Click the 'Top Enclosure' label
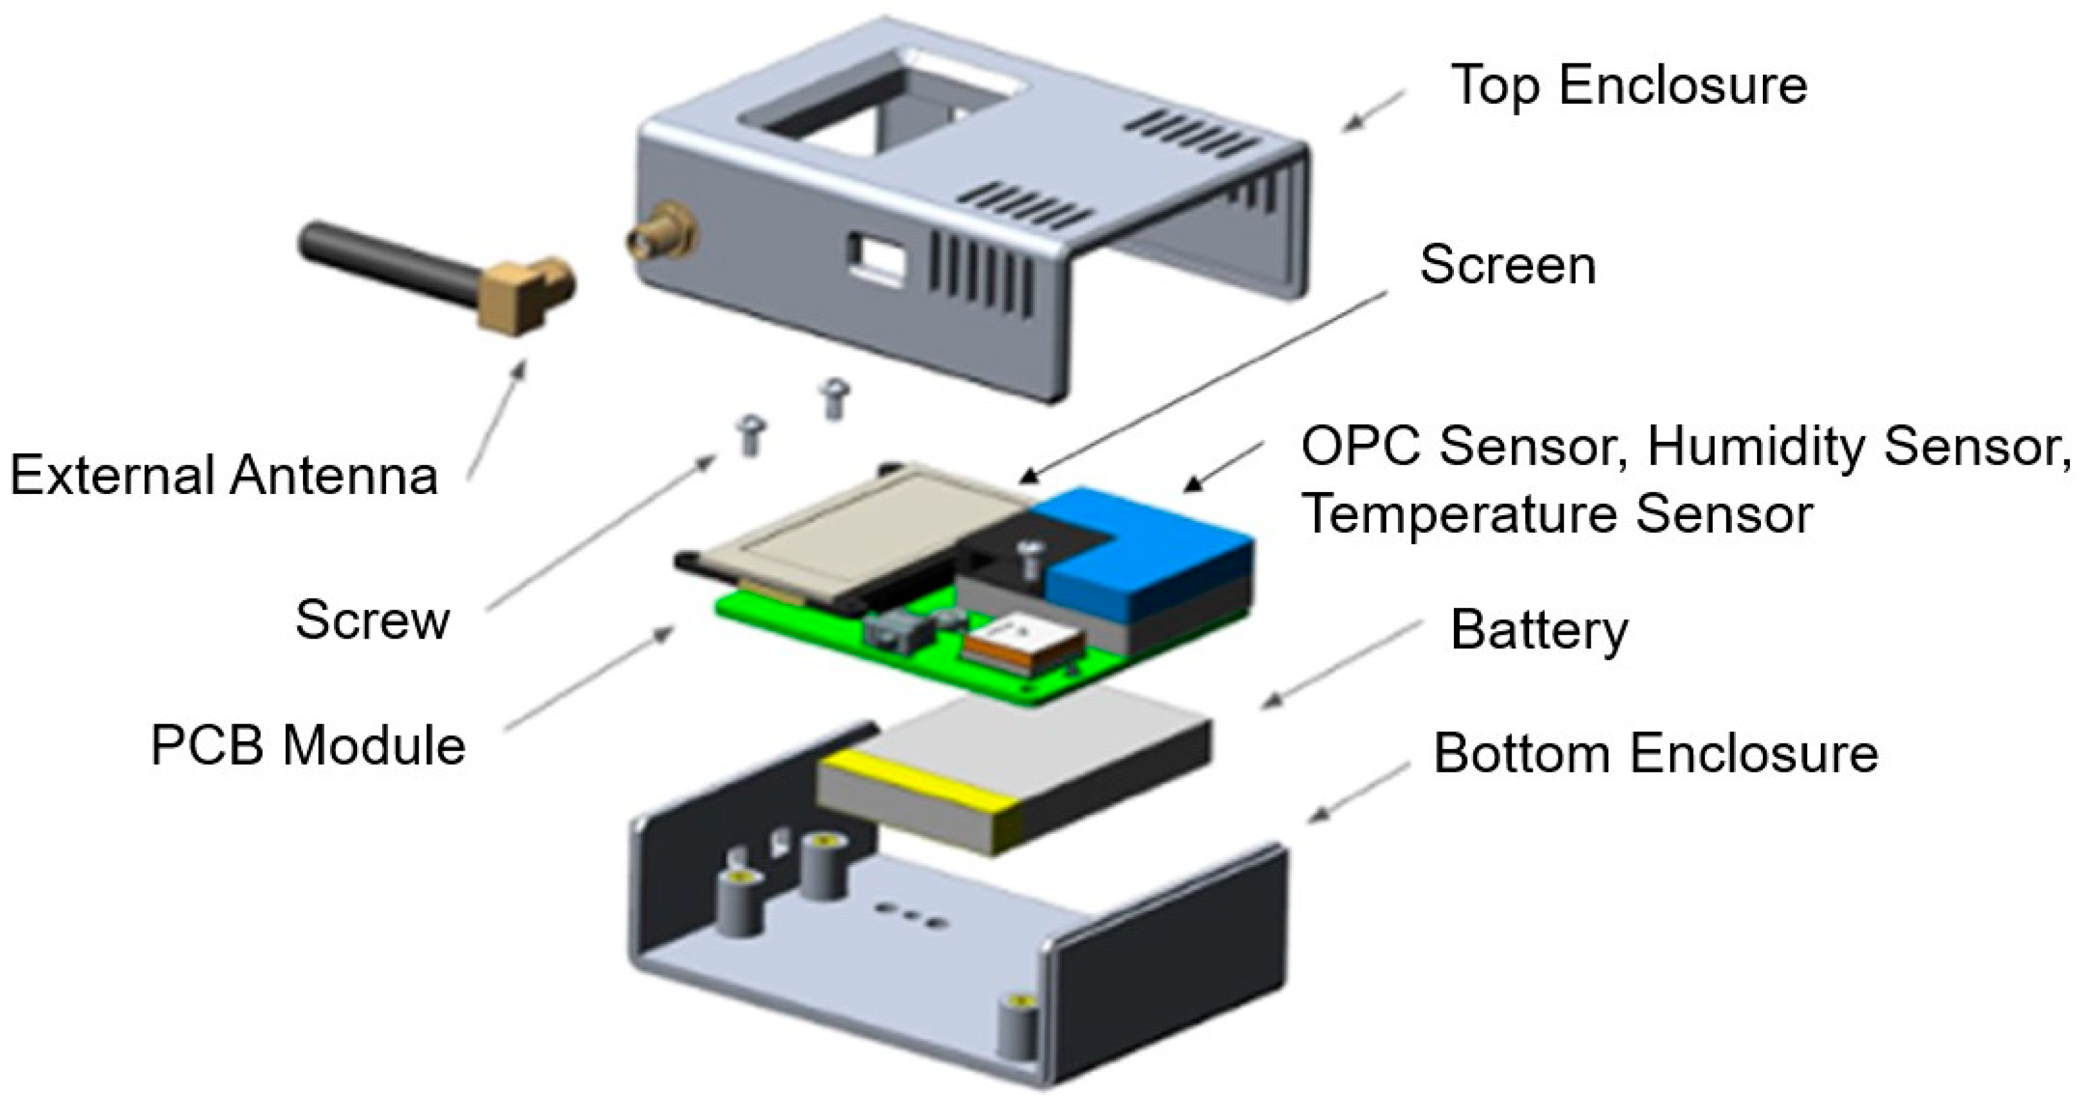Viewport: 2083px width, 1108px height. [x=1628, y=86]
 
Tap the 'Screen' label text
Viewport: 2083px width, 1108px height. [x=1507, y=265]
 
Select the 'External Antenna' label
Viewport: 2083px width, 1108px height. [x=224, y=475]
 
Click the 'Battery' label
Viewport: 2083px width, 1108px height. [x=1538, y=631]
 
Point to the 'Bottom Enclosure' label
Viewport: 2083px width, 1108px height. [x=1655, y=754]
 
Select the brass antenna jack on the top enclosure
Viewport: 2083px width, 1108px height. [x=661, y=234]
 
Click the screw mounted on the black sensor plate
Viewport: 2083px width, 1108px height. [x=1030, y=558]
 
